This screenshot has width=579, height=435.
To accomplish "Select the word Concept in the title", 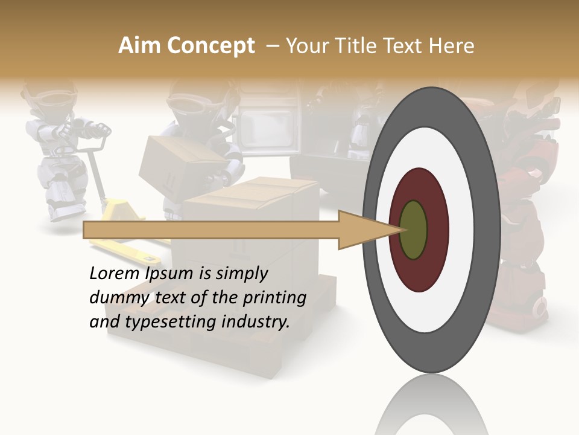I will point(210,46).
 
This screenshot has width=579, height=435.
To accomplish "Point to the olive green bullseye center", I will point(414,230).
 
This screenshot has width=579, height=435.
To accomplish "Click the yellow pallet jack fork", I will point(121,248).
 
